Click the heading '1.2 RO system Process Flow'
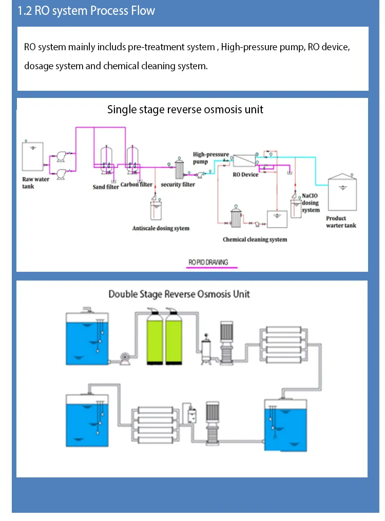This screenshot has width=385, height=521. point(86,11)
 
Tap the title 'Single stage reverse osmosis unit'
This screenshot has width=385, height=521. point(185,109)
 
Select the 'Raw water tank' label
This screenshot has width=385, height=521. point(35,183)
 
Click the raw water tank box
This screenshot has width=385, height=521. point(33,156)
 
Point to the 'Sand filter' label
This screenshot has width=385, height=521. point(106,187)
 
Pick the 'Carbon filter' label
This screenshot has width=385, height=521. point(137,185)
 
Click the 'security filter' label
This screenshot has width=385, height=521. point(178,185)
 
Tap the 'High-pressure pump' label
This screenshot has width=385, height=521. point(210,158)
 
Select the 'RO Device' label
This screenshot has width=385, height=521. point(245,175)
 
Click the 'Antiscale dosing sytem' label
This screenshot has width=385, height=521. point(161,228)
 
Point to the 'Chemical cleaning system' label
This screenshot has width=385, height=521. point(255,239)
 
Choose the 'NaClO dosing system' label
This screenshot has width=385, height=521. point(311,203)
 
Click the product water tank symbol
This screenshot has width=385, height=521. point(342,192)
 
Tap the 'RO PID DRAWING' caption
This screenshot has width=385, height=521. point(208,263)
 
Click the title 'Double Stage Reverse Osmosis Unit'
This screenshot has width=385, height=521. point(179,294)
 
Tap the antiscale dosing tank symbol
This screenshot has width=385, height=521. point(156,210)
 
